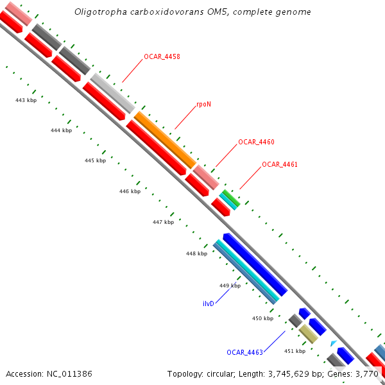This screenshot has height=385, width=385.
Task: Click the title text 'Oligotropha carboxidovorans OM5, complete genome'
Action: tap(193, 12)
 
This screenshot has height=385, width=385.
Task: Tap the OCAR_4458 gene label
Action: tap(162, 57)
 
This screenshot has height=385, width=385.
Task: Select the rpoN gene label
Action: tap(203, 103)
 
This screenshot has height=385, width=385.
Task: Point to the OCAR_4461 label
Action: tap(280, 165)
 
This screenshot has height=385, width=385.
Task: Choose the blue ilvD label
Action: tap(208, 304)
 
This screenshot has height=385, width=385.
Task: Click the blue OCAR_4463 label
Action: tap(244, 352)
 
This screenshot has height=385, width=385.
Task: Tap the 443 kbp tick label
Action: tap(26, 100)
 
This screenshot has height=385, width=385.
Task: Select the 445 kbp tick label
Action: tap(95, 160)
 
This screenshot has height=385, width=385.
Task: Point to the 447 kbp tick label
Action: tap(163, 222)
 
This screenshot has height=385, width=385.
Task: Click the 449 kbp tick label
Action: tap(230, 286)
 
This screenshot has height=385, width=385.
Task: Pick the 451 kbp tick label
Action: tap(295, 351)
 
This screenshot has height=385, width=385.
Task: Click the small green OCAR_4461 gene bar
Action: tap(231, 198)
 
